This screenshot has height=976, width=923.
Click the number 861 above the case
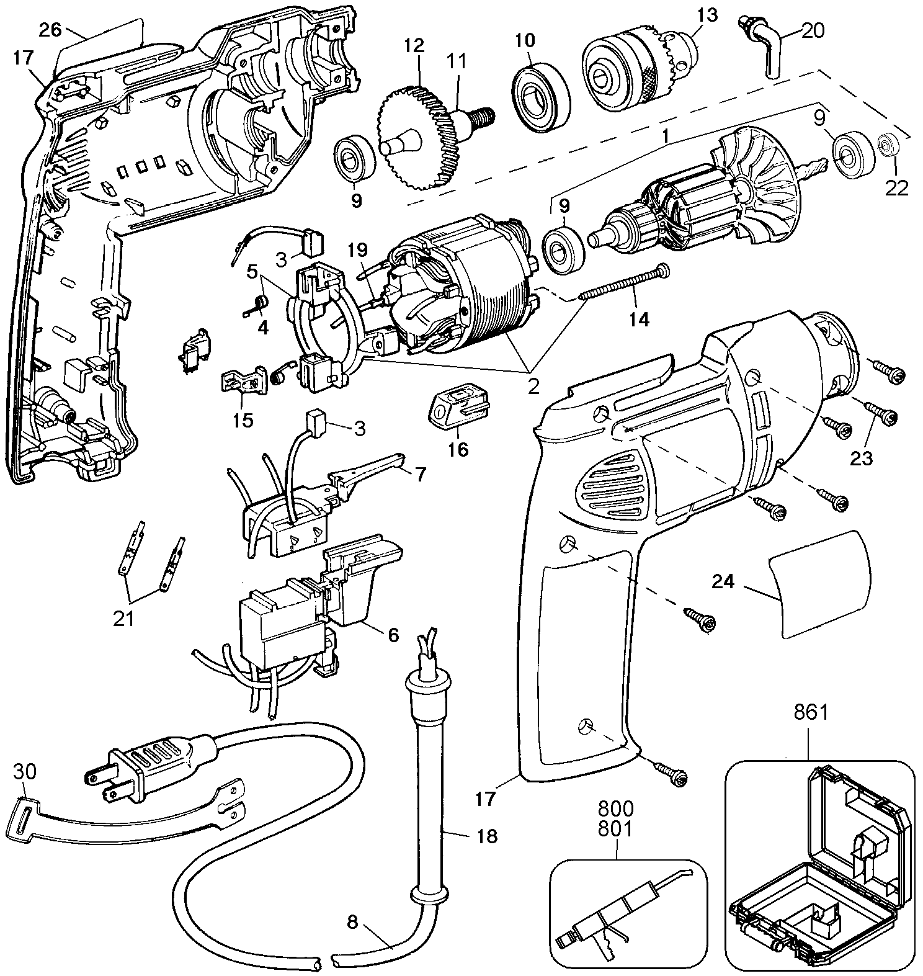click(x=811, y=713)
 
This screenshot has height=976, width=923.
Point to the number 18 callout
click(x=488, y=836)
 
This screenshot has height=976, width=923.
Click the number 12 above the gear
click(x=414, y=45)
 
